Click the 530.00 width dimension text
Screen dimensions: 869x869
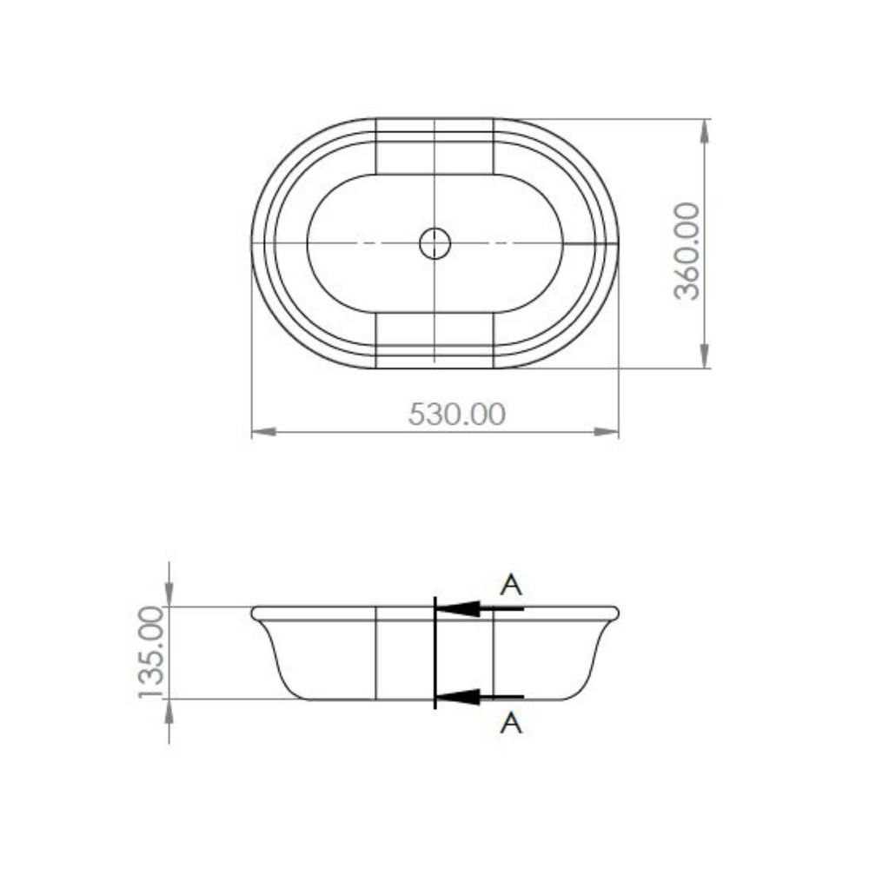457,414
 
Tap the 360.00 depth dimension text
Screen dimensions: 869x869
687,252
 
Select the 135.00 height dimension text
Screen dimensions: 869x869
151,653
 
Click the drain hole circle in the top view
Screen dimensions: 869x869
435,243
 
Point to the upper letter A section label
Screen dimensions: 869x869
511,585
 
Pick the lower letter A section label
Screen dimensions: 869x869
511,723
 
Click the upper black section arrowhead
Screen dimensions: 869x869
459,608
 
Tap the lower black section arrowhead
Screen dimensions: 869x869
459,697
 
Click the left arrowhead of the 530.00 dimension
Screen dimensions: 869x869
264,432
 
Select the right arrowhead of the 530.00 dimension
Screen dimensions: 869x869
607,432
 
